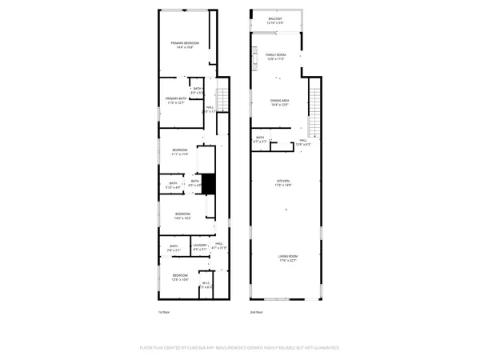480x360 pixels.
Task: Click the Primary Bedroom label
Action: pyautogui.click(x=184, y=45)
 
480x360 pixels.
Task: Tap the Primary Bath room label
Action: pyautogui.click(x=175, y=100)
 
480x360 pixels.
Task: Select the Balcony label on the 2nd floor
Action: pyautogui.click(x=274, y=21)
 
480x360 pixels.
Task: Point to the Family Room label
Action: pyautogui.click(x=276, y=57)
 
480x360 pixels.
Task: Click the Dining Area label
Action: pyautogui.click(x=279, y=102)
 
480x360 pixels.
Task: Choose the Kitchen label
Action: pyautogui.click(x=283, y=183)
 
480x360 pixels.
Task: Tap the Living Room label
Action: pyautogui.click(x=288, y=258)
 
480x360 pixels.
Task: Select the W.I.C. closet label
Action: pyautogui.click(x=206, y=285)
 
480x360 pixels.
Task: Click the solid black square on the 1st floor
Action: pyautogui.click(x=209, y=184)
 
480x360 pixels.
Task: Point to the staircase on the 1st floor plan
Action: pyautogui.click(x=223, y=101)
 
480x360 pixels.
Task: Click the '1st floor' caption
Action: pyautogui.click(x=163, y=312)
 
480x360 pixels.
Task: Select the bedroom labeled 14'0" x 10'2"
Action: pyautogui.click(x=183, y=215)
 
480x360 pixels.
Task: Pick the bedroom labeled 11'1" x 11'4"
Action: pyautogui.click(x=180, y=152)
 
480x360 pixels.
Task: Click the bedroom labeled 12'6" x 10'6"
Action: pyautogui.click(x=180, y=277)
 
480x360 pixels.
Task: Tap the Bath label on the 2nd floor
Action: pyautogui.click(x=260, y=139)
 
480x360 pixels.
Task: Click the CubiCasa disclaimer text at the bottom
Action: pyautogui.click(x=240, y=348)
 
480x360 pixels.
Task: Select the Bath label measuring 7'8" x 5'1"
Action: pyautogui.click(x=174, y=248)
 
